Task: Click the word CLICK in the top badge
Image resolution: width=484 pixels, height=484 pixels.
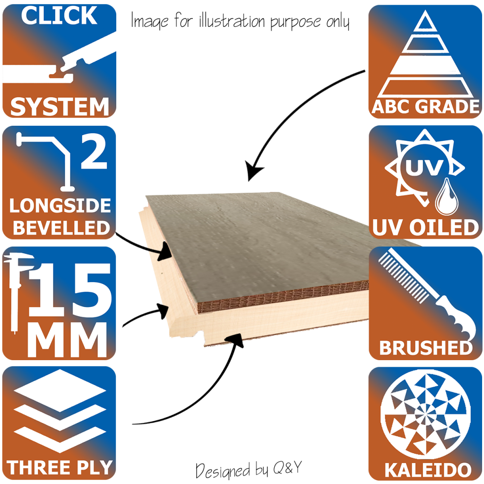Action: tap(59, 16)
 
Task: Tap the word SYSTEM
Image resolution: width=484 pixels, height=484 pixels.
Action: tap(60, 107)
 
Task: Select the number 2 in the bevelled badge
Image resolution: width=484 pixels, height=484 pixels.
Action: tap(94, 152)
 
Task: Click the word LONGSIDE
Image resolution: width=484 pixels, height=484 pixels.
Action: tap(60, 205)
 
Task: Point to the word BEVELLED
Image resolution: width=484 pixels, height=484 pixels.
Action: tap(61, 228)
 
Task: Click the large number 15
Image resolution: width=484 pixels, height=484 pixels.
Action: tap(69, 291)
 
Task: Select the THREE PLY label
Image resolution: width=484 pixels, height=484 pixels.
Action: tap(59, 467)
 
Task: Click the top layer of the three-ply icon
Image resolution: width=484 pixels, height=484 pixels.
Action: tap(60, 391)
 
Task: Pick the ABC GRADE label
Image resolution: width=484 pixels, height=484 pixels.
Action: tap(425, 107)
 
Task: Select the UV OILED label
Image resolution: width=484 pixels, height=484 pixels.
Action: tap(425, 227)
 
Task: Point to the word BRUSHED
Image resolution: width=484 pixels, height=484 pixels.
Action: tap(426, 348)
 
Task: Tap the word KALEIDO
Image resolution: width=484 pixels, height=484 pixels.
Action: tap(428, 470)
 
